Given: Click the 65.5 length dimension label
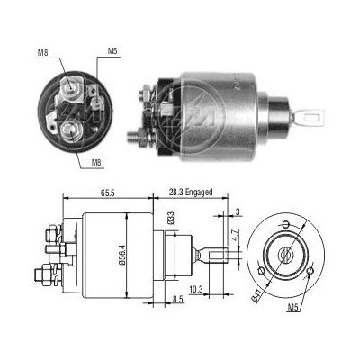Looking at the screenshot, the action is (x=108, y=193).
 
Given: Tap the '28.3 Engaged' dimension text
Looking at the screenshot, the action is (x=191, y=193).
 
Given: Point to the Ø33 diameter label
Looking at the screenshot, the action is (x=170, y=218).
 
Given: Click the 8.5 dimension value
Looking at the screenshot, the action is (x=177, y=299).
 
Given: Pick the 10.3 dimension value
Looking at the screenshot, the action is (x=196, y=289).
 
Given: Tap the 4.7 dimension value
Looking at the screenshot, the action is (x=235, y=235).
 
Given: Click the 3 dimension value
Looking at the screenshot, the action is (x=238, y=211).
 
